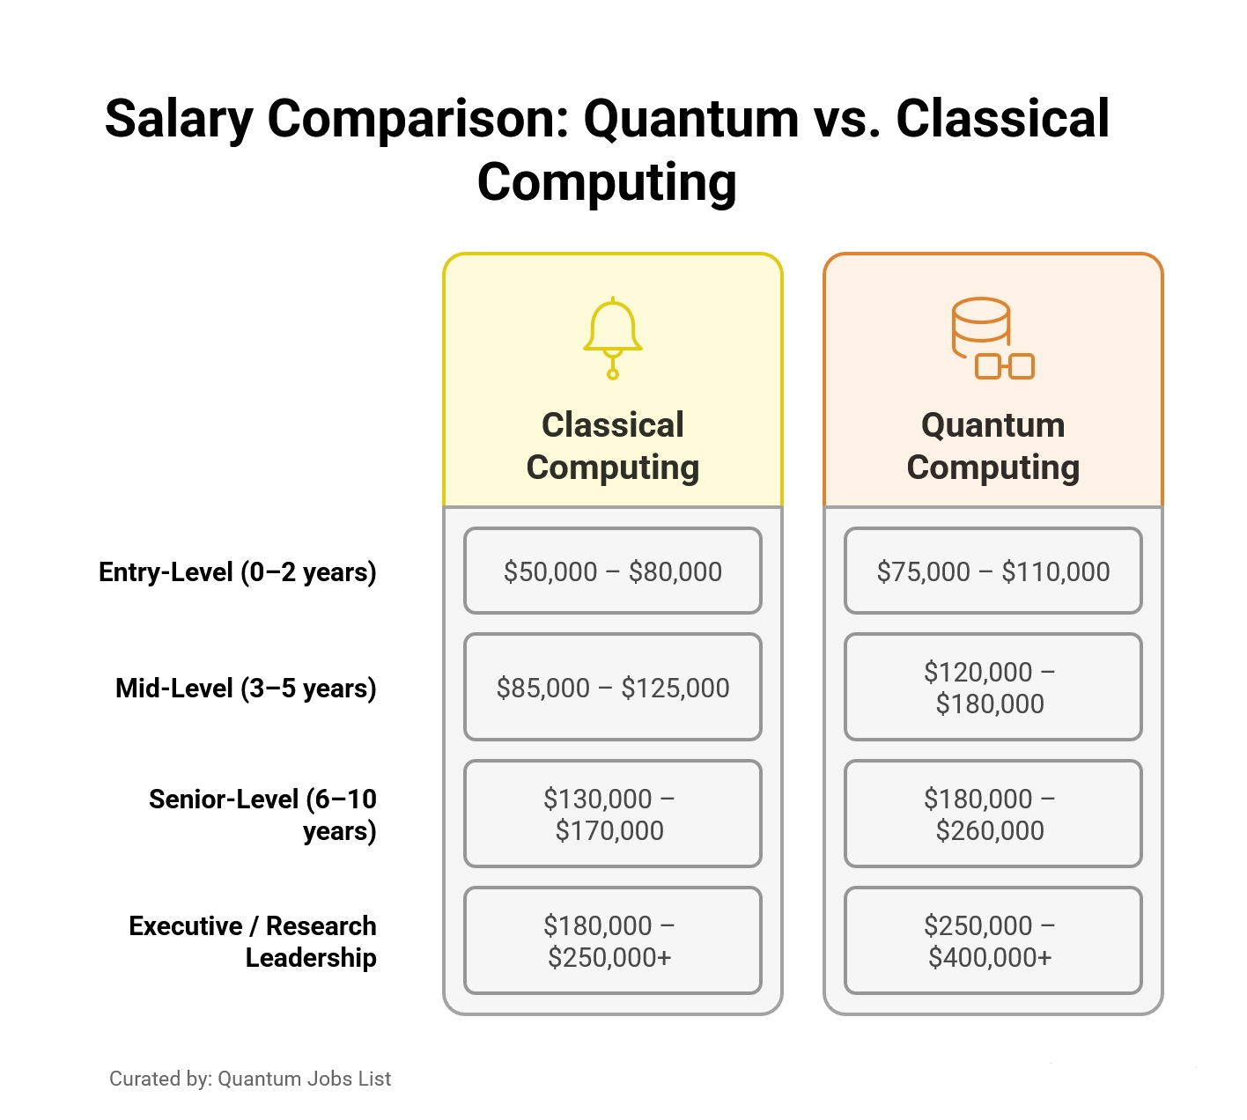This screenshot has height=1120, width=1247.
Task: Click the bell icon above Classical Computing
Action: pos(613,338)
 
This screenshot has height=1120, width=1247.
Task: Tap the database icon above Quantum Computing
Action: pos(992,338)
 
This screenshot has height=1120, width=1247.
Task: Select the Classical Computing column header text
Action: pos(613,446)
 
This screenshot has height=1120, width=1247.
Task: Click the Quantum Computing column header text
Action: pos(993,446)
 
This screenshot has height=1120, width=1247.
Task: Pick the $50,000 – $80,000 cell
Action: pos(613,571)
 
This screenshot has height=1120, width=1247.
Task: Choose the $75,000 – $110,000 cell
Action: pos(993,571)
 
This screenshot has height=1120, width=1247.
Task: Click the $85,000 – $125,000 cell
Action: pos(613,688)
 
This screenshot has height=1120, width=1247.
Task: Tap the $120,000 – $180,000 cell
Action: pos(993,688)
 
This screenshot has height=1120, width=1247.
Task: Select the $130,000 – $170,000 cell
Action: pos(613,814)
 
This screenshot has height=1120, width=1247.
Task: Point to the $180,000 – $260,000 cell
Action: pos(993,814)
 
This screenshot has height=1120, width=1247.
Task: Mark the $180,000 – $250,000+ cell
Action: pos(613,941)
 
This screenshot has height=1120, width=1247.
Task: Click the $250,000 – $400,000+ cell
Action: pos(993,941)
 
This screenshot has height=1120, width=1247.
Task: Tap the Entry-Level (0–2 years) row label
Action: pos(238,572)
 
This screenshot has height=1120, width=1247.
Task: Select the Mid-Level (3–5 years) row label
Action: pos(246,688)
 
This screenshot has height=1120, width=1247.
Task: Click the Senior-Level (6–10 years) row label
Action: pos(262,814)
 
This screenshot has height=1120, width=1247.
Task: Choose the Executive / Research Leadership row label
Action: pos(253,941)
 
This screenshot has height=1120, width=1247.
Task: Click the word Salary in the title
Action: pos(179,120)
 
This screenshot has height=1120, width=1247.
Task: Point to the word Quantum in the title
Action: pos(691,120)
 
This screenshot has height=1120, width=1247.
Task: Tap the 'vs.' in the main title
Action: pos(847,120)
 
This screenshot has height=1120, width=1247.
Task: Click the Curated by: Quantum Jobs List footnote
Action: pos(250,1079)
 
